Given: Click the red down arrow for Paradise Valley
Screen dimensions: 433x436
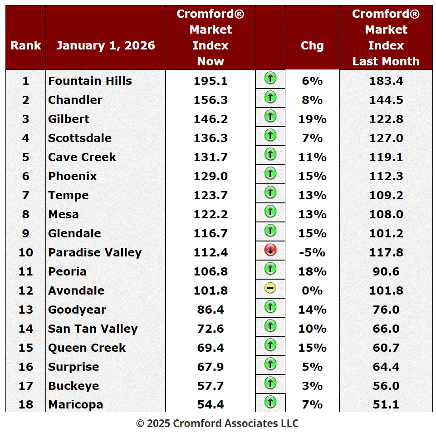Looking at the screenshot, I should coord(270,250).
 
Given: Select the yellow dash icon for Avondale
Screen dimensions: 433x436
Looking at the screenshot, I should coord(270,288).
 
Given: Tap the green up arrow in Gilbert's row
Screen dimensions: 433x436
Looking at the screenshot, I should coord(270,117).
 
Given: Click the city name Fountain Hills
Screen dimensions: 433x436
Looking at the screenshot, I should coord(90,81).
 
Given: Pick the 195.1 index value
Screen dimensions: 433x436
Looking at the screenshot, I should coord(211,81).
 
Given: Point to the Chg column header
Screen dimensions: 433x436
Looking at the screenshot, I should coord(312,45).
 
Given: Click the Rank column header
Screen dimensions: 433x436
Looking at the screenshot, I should coord(26,45).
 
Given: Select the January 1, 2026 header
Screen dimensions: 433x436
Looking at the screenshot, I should coord(106,45).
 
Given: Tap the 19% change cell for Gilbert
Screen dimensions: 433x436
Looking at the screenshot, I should coord(312,119).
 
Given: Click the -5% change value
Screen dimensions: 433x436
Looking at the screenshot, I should coord(312,252).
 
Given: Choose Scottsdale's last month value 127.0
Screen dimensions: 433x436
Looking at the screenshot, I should coord(386,138).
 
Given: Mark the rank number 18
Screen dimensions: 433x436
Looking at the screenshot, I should coord(26,404).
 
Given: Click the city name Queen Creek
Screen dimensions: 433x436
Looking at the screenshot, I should coord(87,348).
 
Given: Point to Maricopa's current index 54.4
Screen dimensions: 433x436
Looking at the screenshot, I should coord(211,404).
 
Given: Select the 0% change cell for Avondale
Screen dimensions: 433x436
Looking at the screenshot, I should coord(312,290).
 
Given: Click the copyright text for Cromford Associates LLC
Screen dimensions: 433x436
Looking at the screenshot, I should coord(218,423).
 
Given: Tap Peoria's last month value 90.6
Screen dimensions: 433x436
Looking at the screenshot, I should coord(386,271).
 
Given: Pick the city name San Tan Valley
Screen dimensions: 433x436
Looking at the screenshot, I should coord(93,329).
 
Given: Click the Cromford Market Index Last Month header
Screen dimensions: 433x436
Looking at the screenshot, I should coord(386,38).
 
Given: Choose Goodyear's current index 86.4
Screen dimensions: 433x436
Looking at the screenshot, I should coord(211,310).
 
